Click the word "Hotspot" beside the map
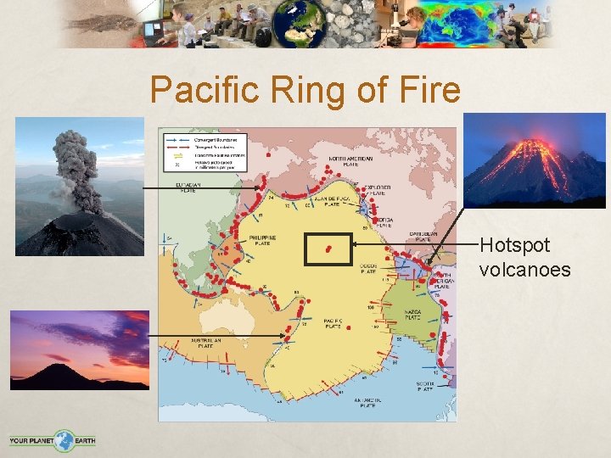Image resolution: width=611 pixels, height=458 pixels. (514, 246)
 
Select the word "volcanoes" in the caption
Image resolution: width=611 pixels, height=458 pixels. (524, 270)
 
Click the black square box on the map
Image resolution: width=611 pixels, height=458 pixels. (328, 249)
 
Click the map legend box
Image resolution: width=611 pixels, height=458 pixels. (203, 150)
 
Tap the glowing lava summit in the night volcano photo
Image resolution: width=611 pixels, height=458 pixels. (533, 148)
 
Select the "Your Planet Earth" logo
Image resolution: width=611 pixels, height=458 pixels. (53, 440)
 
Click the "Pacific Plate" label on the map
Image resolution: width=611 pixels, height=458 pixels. (332, 323)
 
